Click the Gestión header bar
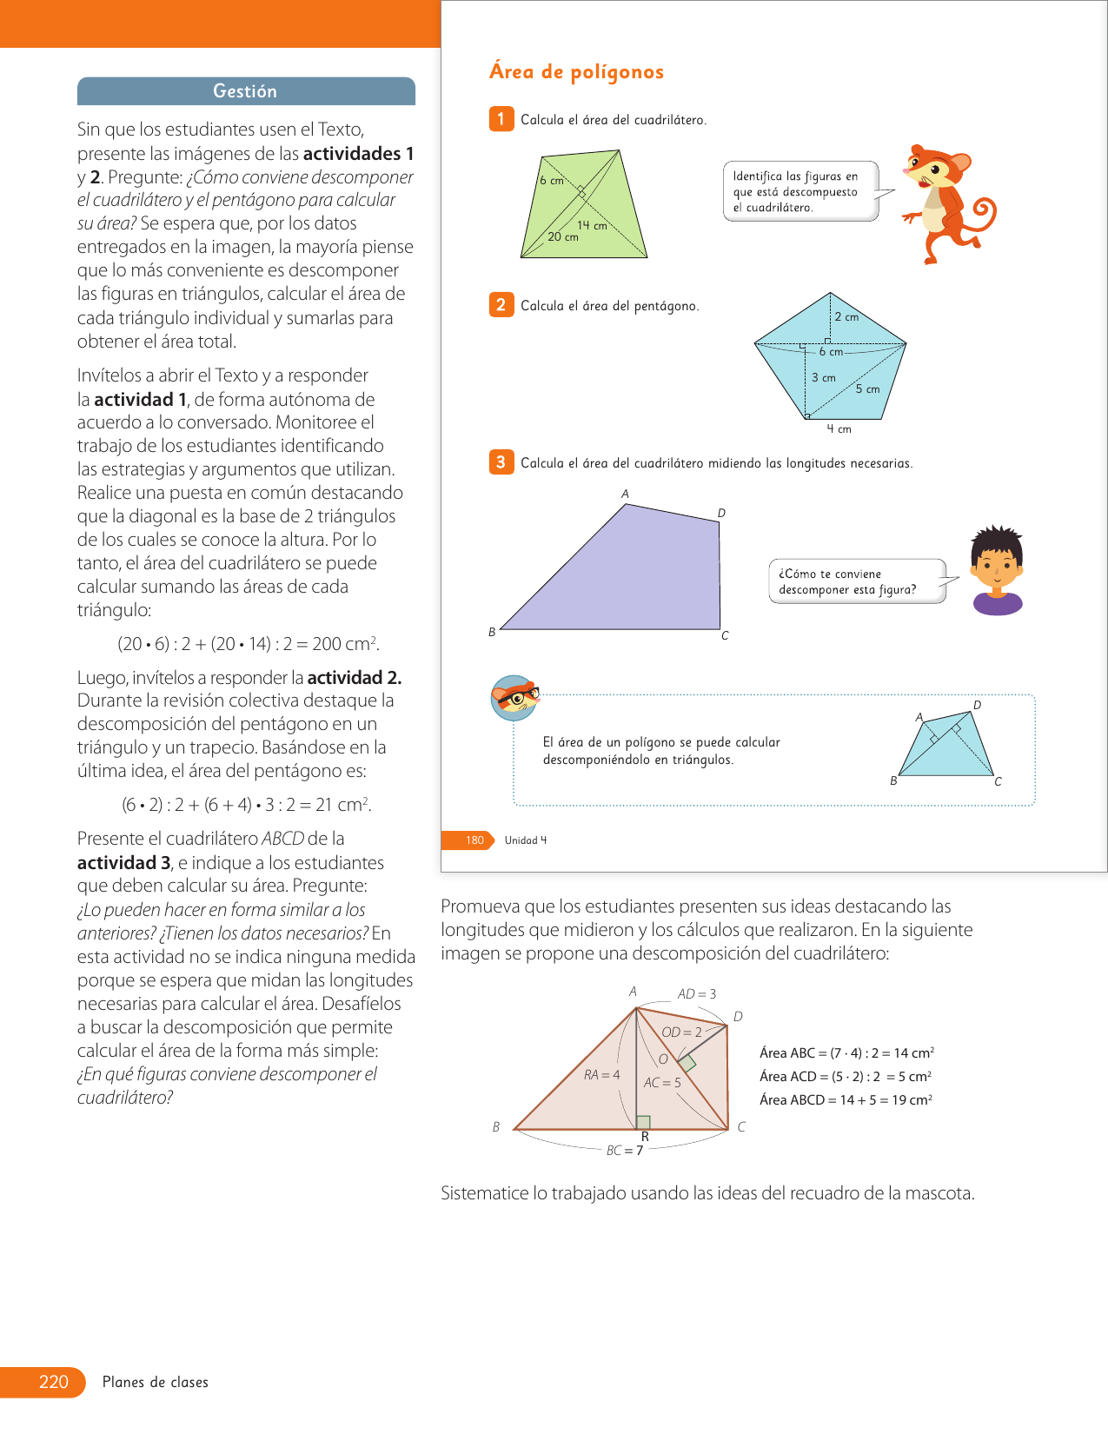[x=246, y=91]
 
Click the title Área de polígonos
[x=576, y=72]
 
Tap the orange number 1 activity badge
[x=501, y=119]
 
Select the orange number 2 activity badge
[x=501, y=305]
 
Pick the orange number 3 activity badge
[x=501, y=462]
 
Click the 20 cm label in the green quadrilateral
[x=563, y=236]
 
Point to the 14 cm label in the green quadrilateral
[x=592, y=225]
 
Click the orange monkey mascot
[x=946, y=202]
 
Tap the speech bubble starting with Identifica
[x=799, y=191]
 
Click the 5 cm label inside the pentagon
[x=867, y=388]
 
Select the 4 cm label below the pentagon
[x=839, y=428]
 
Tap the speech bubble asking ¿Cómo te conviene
[x=855, y=581]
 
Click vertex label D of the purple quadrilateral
[x=721, y=513]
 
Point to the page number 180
[x=474, y=840]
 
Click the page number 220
[x=53, y=1382]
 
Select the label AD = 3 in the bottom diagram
[x=697, y=994]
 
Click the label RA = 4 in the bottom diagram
[x=601, y=1075]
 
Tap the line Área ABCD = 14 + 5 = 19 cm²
[x=846, y=1099]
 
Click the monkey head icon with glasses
[x=514, y=697]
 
